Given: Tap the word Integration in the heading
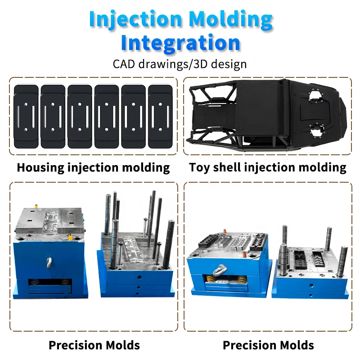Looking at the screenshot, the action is click(x=180, y=43).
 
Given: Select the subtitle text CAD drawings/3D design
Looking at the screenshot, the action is click(x=180, y=63).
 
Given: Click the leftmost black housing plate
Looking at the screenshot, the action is click(x=26, y=117).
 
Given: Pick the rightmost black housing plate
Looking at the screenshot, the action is click(x=160, y=117).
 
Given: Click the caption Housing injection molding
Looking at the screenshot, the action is click(x=93, y=168).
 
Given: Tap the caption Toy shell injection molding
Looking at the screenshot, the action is click(x=268, y=168).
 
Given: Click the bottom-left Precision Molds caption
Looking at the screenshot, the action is click(x=94, y=345).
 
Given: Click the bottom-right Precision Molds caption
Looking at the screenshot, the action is click(x=268, y=345).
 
